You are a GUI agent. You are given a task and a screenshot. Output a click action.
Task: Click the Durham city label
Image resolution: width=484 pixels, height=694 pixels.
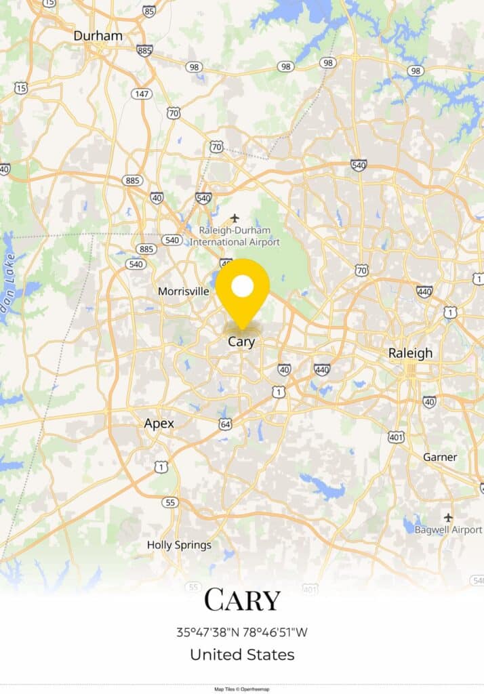[x=98, y=36]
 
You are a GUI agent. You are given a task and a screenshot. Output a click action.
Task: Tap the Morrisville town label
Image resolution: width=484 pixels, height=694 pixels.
[x=184, y=291]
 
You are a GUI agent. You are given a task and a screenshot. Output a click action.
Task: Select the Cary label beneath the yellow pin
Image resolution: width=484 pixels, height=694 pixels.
[x=241, y=342]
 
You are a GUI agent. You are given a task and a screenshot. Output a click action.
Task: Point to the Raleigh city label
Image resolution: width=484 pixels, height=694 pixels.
[x=410, y=353]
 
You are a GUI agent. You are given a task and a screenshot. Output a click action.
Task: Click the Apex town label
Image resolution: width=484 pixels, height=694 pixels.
[x=159, y=424]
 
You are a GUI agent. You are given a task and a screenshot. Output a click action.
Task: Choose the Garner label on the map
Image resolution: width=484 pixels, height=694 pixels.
[x=440, y=457]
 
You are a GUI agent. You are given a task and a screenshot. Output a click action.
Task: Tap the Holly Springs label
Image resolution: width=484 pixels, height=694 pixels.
[x=179, y=545]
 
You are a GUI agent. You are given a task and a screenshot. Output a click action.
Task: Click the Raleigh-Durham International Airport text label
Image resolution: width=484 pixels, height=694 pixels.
[x=235, y=236]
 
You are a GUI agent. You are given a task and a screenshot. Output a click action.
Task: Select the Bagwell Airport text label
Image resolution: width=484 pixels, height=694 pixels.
[x=448, y=529]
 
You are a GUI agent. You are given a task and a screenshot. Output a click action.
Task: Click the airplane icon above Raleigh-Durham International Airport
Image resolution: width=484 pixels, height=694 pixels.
[x=235, y=218]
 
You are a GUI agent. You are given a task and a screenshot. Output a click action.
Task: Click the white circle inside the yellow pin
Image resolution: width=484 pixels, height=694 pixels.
[x=242, y=287]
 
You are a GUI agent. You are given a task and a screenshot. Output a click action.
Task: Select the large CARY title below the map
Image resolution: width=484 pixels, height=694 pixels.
[x=242, y=600]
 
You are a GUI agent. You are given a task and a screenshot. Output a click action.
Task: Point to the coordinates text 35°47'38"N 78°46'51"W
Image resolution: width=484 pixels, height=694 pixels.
[x=242, y=632]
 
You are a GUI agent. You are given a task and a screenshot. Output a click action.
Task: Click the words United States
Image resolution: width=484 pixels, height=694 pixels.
[x=242, y=655]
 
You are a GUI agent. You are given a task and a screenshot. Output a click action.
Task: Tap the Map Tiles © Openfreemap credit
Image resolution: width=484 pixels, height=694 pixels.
[x=242, y=689]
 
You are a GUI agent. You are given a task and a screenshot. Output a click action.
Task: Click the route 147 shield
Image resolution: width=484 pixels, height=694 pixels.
[x=142, y=94]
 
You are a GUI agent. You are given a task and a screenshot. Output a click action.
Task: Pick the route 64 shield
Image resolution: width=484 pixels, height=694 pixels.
[x=226, y=424]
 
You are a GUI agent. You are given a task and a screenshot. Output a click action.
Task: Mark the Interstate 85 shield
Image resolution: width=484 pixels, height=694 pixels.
[x=149, y=11]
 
